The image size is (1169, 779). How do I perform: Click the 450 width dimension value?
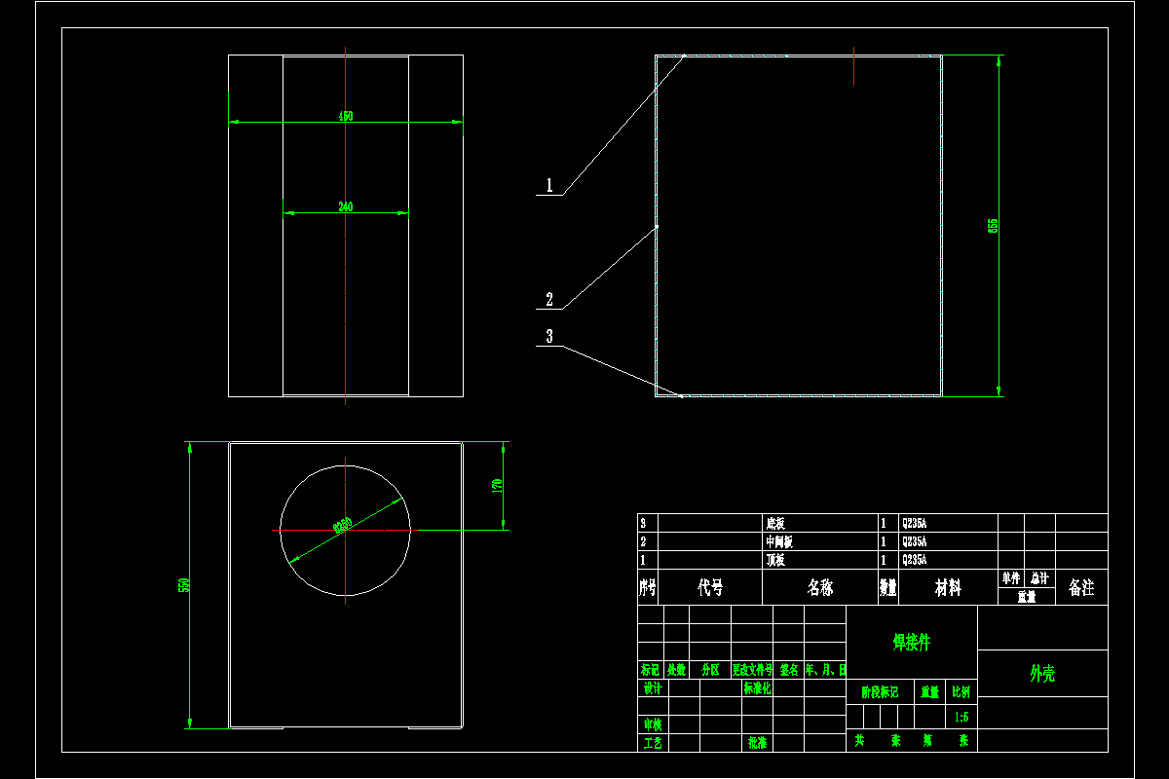point(346,116)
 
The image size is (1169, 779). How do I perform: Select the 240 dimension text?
point(346,206)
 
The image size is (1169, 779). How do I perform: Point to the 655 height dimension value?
point(993,225)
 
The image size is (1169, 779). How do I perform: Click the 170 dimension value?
point(496,484)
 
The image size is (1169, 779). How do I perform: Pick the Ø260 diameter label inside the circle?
point(343,526)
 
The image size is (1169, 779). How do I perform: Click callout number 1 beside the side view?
point(549,185)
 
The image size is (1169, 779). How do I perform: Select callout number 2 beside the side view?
point(549,299)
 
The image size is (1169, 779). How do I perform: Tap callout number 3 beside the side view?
point(549,336)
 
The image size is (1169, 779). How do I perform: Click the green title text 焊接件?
point(912,642)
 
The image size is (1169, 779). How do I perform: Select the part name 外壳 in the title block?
point(1042,673)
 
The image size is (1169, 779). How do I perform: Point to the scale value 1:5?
point(962,717)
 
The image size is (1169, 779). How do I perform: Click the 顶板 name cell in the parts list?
point(775,560)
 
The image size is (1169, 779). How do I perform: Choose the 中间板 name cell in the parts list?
point(779,541)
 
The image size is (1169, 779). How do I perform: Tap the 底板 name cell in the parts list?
point(775,523)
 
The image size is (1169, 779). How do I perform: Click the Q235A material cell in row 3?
point(915,523)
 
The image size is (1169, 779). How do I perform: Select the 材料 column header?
point(948,587)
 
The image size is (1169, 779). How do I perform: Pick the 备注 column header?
point(1081,587)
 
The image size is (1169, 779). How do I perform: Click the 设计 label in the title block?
point(653,688)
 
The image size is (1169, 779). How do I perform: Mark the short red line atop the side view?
point(854,65)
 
